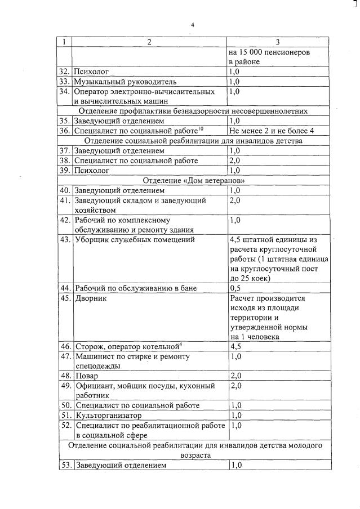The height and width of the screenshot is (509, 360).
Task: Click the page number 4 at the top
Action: coord(192,25)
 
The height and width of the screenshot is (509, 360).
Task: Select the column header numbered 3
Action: coord(278,42)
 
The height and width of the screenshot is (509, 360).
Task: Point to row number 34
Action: coord(65,91)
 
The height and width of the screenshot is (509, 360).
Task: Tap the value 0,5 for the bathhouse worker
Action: coord(235,288)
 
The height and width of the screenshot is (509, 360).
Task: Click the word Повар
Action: coord(86,376)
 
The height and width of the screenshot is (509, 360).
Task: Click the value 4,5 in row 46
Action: coord(236,346)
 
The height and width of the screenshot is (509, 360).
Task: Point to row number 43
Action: coord(65,240)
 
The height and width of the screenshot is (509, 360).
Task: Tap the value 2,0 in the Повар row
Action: coord(236,376)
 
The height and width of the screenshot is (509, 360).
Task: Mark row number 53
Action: coord(65,466)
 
